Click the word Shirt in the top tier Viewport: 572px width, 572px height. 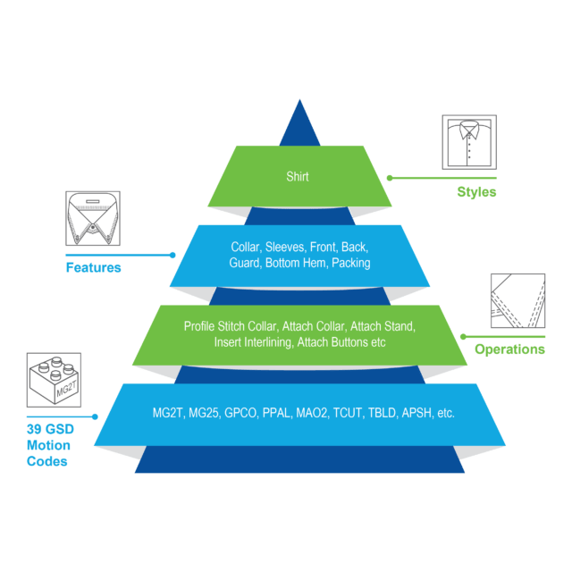click(x=298, y=177)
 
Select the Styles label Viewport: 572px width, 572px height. click(x=476, y=192)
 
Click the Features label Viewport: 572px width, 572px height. click(x=93, y=267)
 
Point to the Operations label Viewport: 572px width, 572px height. click(x=509, y=349)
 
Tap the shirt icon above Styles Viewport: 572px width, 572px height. click(x=469, y=143)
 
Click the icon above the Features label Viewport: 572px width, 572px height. click(x=93, y=217)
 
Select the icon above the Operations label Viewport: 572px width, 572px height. click(x=517, y=301)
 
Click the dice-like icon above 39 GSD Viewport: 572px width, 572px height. click(x=55, y=380)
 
